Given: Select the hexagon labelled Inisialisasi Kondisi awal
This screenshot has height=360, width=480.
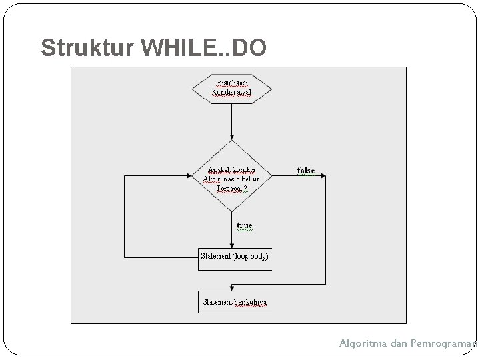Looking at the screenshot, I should click(231, 88).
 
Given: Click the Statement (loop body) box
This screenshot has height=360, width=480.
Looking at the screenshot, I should click(235, 257).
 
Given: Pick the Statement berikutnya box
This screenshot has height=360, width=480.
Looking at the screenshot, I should click(235, 301).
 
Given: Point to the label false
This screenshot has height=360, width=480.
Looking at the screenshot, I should click(305, 170).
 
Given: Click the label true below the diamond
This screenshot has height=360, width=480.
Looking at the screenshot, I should click(245, 226).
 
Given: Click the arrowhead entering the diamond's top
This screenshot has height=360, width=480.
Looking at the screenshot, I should click(231, 137).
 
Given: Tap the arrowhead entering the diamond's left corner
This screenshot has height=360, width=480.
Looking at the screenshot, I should click(190, 176).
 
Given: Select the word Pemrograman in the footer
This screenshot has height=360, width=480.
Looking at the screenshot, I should click(446, 343).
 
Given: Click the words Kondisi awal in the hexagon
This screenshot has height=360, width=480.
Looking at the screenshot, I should click(231, 93).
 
